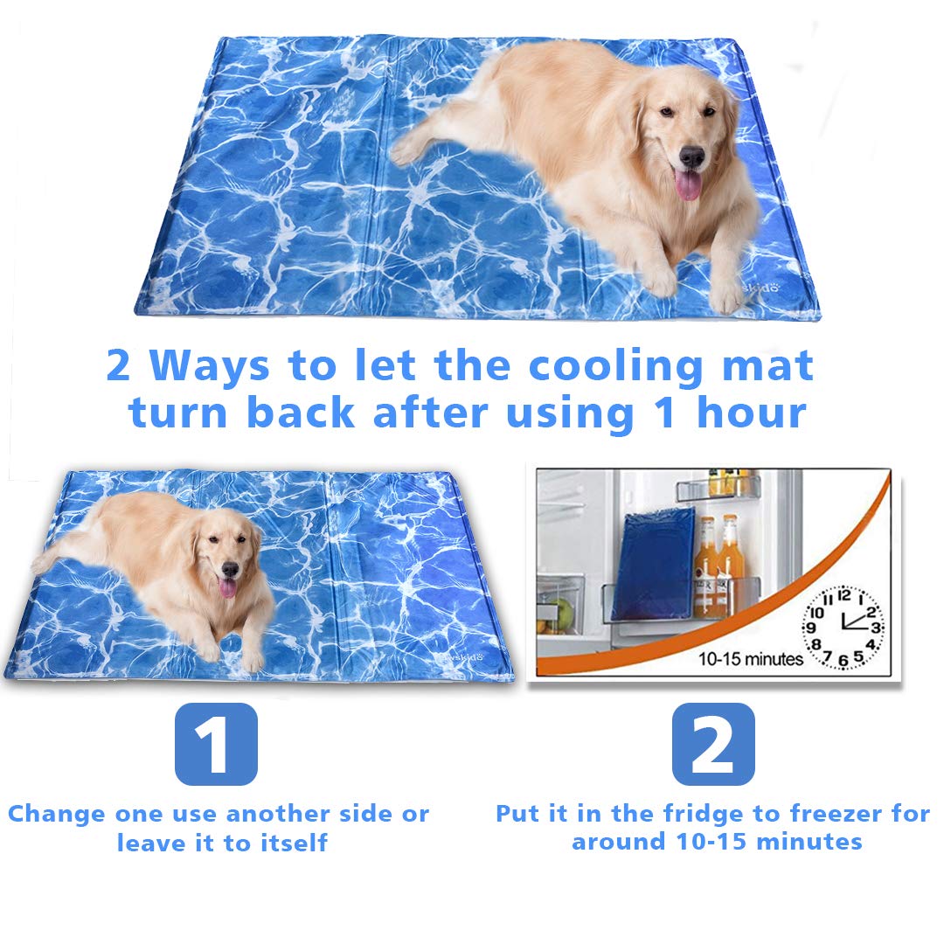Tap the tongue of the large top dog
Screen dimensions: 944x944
pos(688,184)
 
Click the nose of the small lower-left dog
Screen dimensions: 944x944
pos(229,568)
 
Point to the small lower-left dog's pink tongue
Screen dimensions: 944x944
pos(227,587)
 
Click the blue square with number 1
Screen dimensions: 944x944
pos(216,744)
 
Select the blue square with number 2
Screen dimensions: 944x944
pos(713,744)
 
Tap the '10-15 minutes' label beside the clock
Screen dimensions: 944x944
pos(750,659)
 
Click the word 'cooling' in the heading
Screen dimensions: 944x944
pos(615,367)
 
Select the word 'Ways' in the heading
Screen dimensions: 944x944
pos(209,367)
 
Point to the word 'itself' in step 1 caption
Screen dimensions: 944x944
pos(294,843)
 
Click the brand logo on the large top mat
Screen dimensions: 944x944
pos(761,287)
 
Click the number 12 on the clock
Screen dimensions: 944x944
pos(844,595)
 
